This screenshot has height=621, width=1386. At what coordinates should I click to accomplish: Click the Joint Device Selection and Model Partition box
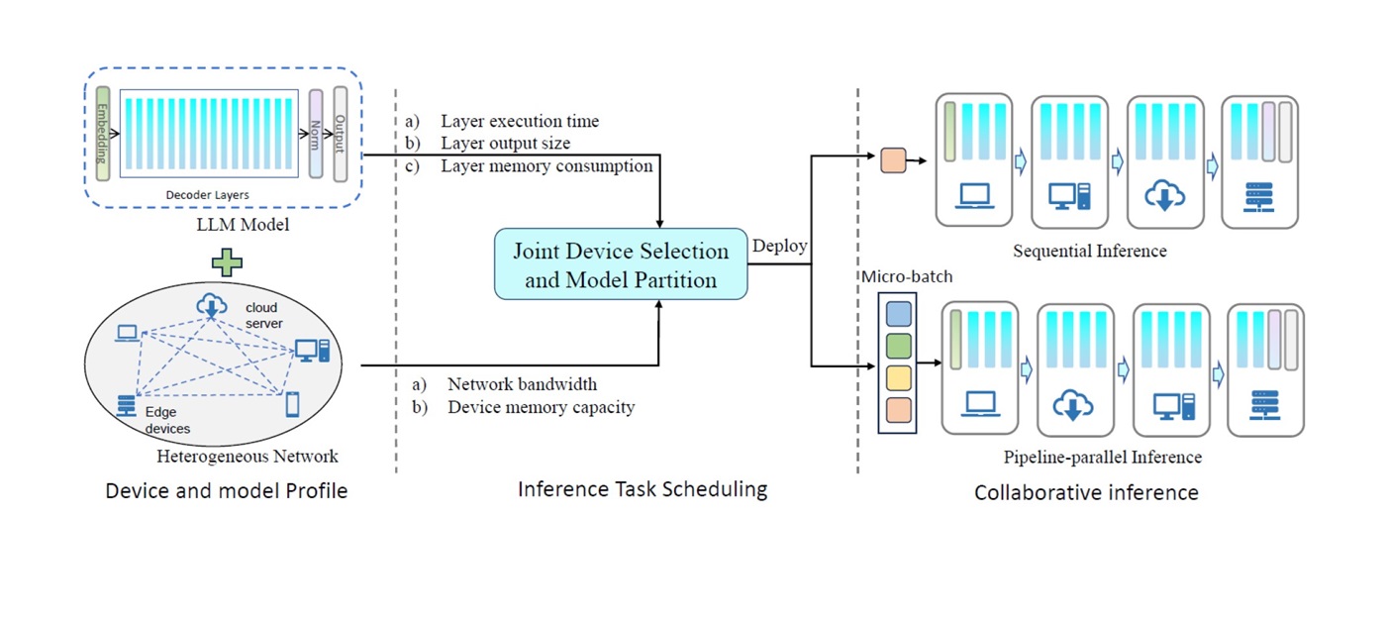tap(621, 264)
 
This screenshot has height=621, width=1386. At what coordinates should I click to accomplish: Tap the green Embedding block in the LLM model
tap(103, 134)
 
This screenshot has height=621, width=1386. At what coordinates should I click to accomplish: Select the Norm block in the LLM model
tap(316, 134)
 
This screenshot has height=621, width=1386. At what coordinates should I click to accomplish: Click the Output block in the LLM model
tap(341, 134)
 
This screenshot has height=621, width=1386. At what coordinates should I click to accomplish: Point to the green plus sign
tap(227, 262)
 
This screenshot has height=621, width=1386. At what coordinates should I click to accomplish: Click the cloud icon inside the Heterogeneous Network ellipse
tap(212, 306)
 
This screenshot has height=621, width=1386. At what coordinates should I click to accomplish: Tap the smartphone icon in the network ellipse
tap(293, 404)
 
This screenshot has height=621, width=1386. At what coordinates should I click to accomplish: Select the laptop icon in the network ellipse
tap(128, 333)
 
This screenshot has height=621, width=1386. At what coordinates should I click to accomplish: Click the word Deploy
tap(780, 246)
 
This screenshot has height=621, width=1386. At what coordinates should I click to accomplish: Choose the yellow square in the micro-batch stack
tap(899, 378)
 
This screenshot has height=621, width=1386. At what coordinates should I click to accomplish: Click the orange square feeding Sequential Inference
tap(893, 160)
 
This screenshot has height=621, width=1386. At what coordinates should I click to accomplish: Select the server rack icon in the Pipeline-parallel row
tap(1265, 405)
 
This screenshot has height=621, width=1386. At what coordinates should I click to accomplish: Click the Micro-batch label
tap(907, 276)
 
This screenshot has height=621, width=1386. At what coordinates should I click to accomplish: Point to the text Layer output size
tap(506, 143)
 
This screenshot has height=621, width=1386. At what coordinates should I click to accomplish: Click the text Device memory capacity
tap(542, 407)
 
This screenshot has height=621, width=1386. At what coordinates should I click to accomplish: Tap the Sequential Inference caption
tap(1090, 251)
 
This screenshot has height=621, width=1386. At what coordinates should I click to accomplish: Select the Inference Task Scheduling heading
tap(643, 489)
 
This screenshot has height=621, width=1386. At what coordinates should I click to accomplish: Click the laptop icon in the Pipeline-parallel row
tap(981, 404)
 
